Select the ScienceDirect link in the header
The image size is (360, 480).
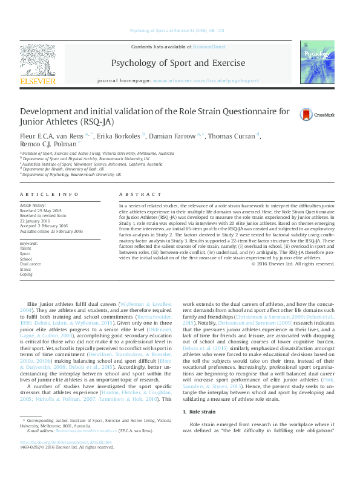click(x=209, y=47)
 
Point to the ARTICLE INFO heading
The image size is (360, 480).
click(x=49, y=194)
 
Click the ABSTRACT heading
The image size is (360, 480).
click(x=132, y=194)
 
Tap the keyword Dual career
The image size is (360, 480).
click(x=31, y=264)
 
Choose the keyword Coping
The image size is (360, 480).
click(x=26, y=274)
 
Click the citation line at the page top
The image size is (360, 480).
click(x=180, y=30)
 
